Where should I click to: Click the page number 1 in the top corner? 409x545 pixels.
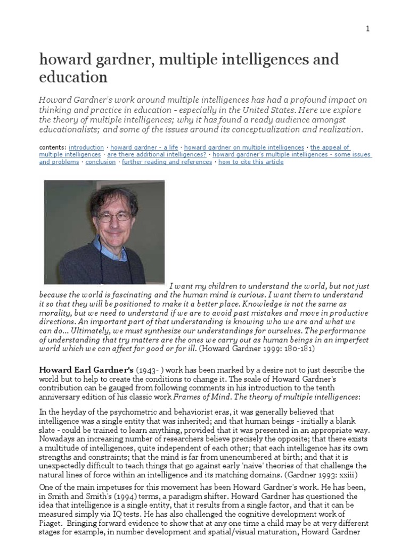point(367,29)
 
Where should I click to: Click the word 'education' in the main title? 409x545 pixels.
point(73,77)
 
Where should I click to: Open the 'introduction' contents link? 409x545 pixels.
point(86,147)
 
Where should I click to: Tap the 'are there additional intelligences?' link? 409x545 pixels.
point(157,155)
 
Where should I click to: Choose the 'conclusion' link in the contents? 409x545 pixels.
point(101,162)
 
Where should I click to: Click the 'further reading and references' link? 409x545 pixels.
point(167,162)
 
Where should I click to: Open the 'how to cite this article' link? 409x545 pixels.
point(250,162)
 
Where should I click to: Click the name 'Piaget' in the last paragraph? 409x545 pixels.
point(52,522)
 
